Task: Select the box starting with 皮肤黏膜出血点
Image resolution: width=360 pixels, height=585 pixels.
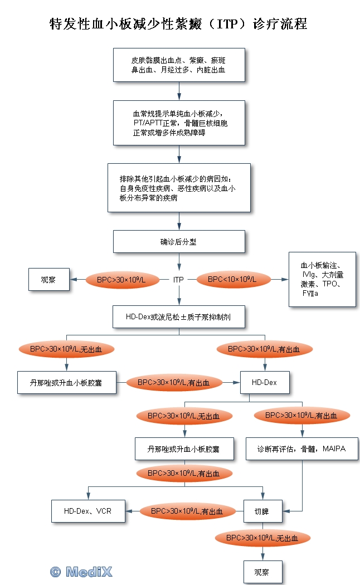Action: coord(179,65)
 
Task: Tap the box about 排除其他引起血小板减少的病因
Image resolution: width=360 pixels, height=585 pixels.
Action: coord(179,188)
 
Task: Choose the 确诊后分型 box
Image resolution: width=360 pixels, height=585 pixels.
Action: coord(179,242)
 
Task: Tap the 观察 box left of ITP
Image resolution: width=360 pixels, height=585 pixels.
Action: coord(48,280)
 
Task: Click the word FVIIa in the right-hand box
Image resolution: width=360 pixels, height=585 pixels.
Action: coord(310,293)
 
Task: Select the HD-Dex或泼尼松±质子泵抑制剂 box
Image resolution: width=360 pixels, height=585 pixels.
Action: coord(179,316)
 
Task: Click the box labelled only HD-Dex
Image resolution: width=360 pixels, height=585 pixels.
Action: coord(264,382)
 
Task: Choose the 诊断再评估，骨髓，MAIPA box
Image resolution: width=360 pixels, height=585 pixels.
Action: coord(301,448)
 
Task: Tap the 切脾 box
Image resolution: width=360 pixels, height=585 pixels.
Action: coord(262,511)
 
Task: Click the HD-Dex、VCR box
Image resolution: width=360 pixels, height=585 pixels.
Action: coord(87,511)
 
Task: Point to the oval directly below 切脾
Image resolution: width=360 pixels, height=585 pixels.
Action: coord(262,538)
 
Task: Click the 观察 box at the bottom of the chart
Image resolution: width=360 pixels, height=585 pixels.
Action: coord(262,572)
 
